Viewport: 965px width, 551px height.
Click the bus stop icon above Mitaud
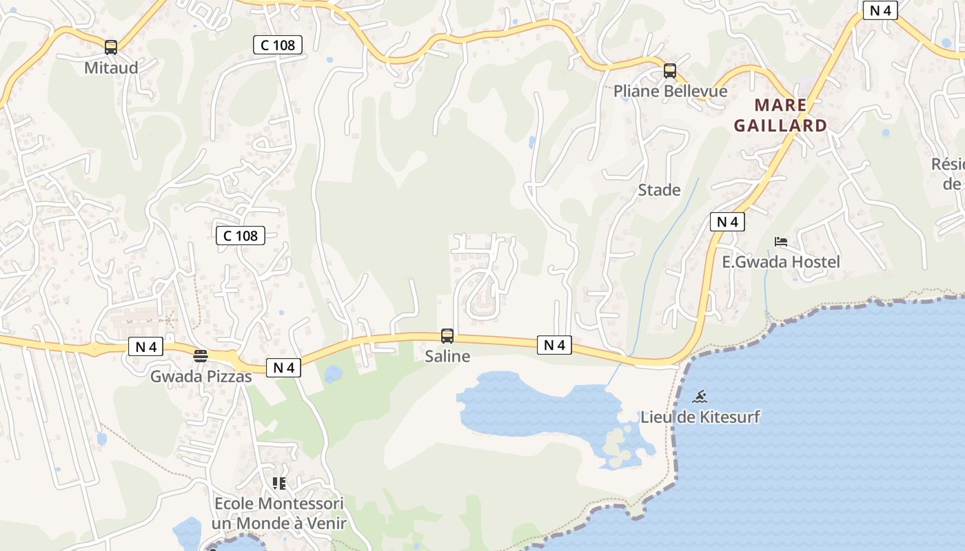click(111, 48)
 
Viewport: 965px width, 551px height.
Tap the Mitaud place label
click(111, 67)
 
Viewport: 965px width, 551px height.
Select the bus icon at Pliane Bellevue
click(670, 71)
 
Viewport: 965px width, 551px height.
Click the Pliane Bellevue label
click(670, 91)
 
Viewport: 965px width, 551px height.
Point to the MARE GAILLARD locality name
click(780, 115)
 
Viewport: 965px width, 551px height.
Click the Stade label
click(659, 190)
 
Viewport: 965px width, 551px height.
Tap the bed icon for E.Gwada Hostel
click(781, 242)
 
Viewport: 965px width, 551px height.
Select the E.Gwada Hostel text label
click(781, 262)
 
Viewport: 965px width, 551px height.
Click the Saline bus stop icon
click(447, 336)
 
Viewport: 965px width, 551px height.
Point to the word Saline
click(447, 356)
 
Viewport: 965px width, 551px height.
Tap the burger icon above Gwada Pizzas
click(201, 356)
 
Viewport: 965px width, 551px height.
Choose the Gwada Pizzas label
click(201, 376)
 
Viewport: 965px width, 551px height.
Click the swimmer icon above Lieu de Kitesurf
click(700, 397)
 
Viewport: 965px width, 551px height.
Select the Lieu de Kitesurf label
click(700, 417)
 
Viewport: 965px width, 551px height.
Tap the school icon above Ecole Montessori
click(278, 484)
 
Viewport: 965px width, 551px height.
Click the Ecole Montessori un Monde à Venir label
click(278, 513)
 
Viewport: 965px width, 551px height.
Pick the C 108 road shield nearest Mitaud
click(278, 45)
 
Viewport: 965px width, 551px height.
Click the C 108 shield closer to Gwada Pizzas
click(241, 236)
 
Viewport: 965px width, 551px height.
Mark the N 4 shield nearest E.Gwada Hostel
click(727, 222)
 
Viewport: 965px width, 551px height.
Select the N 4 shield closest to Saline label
click(554, 345)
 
